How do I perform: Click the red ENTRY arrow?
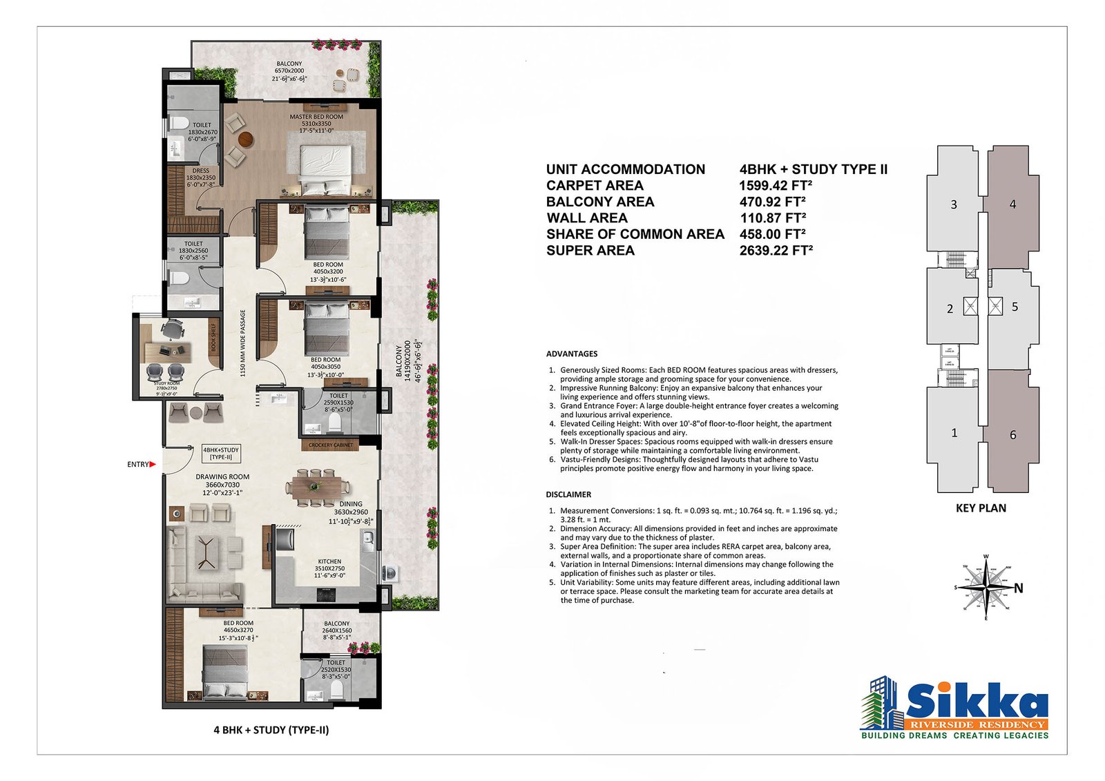pyautogui.click(x=153, y=465)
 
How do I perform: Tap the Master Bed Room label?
pyautogui.click(x=316, y=117)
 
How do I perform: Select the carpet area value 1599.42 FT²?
pyautogui.click(x=775, y=185)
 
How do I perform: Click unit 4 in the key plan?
pyautogui.click(x=1012, y=204)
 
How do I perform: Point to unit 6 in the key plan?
pyautogui.click(x=1012, y=435)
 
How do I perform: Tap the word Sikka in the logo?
pyautogui.click(x=977, y=702)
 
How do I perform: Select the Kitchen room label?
pyautogui.click(x=329, y=561)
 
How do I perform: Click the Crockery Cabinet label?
pyautogui.click(x=331, y=445)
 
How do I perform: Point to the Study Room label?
pyautogui.click(x=166, y=383)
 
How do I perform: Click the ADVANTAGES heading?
pyautogui.click(x=572, y=354)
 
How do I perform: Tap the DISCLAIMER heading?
pyautogui.click(x=568, y=494)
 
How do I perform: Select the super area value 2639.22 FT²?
pyautogui.click(x=776, y=250)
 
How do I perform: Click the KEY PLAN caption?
pyautogui.click(x=981, y=508)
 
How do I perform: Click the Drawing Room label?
pyautogui.click(x=222, y=476)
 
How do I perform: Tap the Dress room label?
pyautogui.click(x=200, y=171)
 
